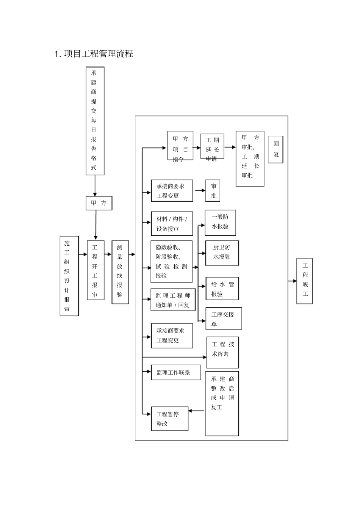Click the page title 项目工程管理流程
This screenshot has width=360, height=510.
click(94, 54)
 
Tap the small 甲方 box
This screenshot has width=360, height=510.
click(99, 203)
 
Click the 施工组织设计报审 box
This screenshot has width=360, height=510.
click(69, 276)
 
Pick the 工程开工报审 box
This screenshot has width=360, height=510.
click(95, 270)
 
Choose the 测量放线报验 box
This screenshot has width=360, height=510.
click(120, 272)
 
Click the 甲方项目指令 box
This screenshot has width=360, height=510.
click(180, 146)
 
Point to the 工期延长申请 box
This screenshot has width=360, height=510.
click(212, 146)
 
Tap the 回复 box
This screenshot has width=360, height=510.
click(275, 149)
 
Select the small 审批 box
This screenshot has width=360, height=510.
click(213, 191)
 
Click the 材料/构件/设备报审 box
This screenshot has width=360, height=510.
click(172, 224)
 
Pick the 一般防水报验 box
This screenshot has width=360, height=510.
click(220, 223)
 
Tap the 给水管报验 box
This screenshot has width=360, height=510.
click(222, 289)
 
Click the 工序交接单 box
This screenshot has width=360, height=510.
click(224, 319)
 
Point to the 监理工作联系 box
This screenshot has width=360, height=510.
click(175, 372)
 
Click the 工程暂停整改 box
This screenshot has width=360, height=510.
click(169, 419)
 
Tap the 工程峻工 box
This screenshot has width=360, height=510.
click(304, 281)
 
